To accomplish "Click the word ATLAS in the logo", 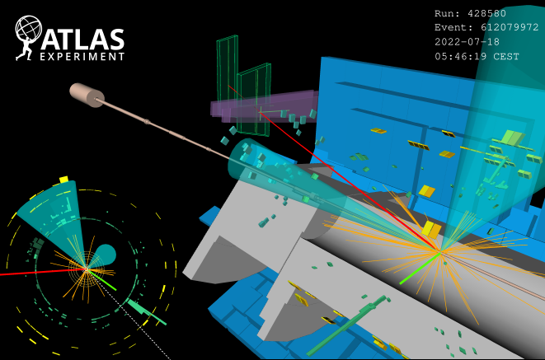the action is pyautogui.click(x=82, y=39).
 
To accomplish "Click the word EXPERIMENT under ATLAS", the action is pyautogui.click(x=82, y=57).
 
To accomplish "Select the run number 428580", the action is pyautogui.click(x=486, y=13).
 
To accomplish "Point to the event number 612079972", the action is pyautogui.click(x=510, y=27).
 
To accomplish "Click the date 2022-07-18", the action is pyautogui.click(x=467, y=42).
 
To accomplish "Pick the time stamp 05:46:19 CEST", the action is pyautogui.click(x=477, y=56).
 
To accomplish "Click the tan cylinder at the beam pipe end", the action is pyautogui.click(x=87, y=95).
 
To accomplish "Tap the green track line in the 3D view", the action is pyautogui.click(x=420, y=269).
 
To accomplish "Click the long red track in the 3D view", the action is pyautogui.click(x=334, y=168).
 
